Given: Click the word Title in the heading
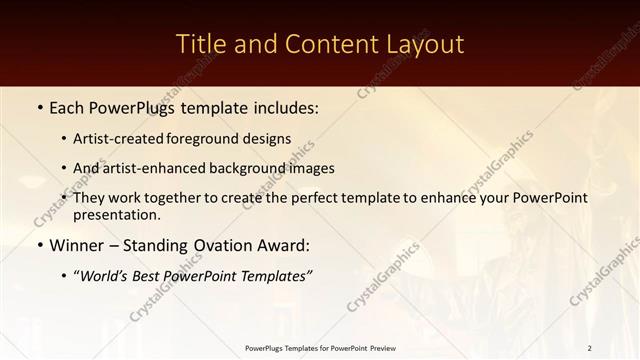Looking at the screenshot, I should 199,45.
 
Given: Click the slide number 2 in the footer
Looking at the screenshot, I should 589,347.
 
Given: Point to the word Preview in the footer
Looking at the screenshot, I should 380,347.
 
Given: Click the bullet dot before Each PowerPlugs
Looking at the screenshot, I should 39,106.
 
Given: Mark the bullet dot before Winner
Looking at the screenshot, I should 39,246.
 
